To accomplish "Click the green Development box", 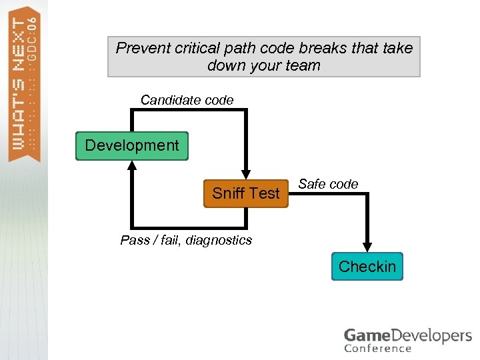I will (132, 146).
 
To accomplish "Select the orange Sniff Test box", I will (245, 193).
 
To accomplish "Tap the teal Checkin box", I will (367, 267).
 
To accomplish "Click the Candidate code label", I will (187, 100).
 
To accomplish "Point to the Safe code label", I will (328, 184).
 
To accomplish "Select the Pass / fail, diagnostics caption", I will (186, 240).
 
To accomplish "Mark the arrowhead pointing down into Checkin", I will (367, 247).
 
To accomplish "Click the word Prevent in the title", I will (142, 48).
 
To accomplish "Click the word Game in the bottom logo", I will (365, 335).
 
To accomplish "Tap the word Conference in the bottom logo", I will (377, 348).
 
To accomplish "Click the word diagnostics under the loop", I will (219, 240).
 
